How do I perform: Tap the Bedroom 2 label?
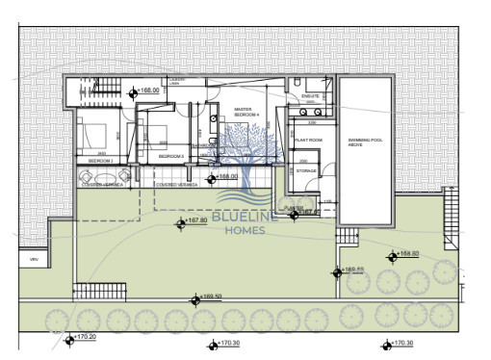[x=101, y=161]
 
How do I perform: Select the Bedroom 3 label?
[x=170, y=155]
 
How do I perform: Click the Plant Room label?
[x=309, y=140]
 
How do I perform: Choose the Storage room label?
[x=306, y=170]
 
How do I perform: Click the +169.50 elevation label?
[x=209, y=296]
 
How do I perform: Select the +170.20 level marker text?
[x=86, y=338]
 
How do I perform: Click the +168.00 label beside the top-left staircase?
[x=148, y=90]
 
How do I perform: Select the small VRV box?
[x=34, y=260]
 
